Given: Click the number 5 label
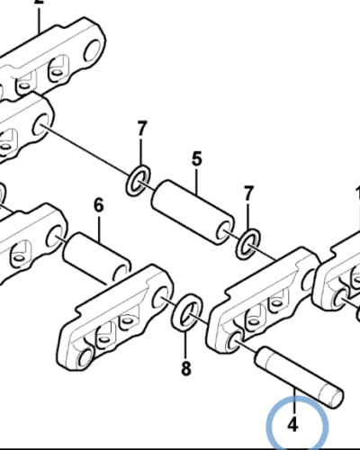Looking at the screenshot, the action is (196, 159).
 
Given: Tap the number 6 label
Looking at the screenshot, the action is (99, 205).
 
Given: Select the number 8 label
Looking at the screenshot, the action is (186, 368).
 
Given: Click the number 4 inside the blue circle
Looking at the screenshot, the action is (292, 425).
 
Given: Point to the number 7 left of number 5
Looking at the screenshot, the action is (142, 129).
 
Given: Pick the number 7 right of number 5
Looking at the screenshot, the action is (248, 193).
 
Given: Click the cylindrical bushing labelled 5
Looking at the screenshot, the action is (193, 212).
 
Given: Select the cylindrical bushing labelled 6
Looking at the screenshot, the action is (97, 258).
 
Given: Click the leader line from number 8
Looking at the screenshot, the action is (186, 344).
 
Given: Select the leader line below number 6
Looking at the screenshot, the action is (99, 228).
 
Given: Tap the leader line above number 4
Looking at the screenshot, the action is (295, 401).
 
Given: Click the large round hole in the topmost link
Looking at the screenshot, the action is (93, 50).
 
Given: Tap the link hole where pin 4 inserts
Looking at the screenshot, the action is (235, 341).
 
